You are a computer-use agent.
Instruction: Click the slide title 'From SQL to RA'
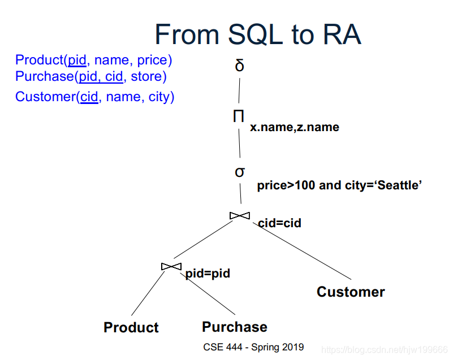click(257, 34)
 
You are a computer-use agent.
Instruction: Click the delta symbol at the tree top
click(240, 66)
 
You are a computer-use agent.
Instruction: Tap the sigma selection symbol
click(240, 171)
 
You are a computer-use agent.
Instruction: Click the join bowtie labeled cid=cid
click(239, 215)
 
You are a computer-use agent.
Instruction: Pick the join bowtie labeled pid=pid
click(171, 266)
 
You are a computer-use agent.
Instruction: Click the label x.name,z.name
click(295, 128)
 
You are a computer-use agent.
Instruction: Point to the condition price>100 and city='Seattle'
click(340, 185)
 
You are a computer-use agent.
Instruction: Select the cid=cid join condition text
click(279, 223)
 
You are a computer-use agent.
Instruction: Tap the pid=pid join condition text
click(208, 274)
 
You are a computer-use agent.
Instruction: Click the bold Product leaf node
click(131, 328)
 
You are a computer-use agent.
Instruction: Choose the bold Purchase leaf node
click(235, 327)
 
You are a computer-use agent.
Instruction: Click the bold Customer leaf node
click(351, 292)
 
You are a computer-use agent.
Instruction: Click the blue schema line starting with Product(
click(94, 60)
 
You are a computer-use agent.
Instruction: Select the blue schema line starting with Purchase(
click(91, 76)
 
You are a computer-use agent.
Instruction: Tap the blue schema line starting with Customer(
click(94, 97)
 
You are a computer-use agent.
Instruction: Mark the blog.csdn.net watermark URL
click(383, 350)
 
